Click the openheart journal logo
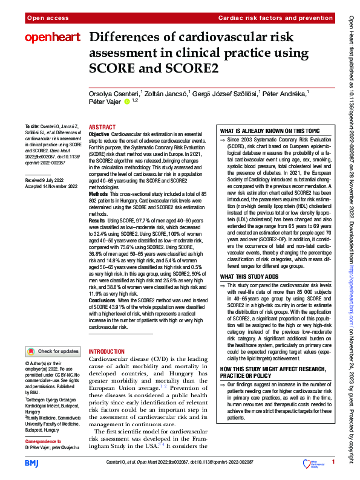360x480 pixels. click(x=52, y=38)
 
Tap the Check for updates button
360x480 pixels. click(x=53, y=351)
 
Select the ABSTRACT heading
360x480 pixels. click(x=102, y=128)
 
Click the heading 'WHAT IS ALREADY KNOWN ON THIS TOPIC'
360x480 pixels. click(x=269, y=131)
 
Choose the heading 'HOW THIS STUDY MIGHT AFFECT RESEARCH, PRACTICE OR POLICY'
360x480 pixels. click(x=269, y=372)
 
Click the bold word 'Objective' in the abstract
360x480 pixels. click(x=99, y=133)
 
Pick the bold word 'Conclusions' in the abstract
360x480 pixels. click(x=103, y=300)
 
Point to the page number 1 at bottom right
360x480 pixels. click(x=333, y=462)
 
